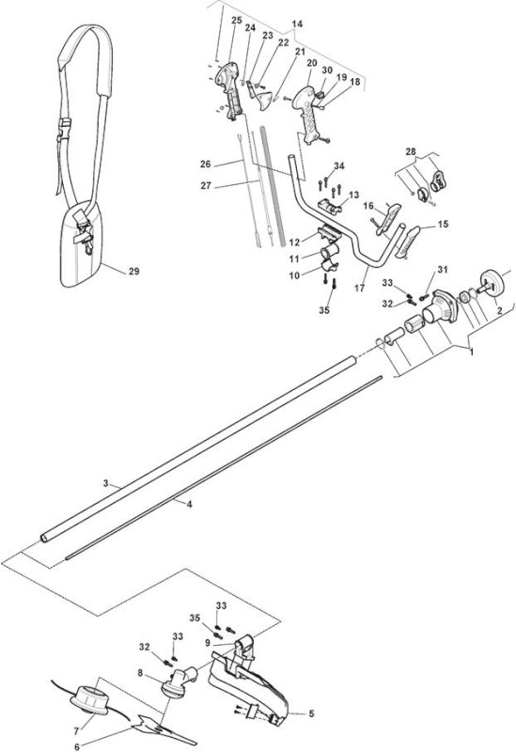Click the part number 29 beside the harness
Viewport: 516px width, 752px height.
[x=133, y=272]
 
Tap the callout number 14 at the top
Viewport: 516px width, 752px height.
[x=297, y=24]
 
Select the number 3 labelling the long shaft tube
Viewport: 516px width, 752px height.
[x=106, y=483]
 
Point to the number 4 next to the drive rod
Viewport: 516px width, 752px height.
[x=190, y=504]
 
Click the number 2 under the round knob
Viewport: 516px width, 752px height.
[x=499, y=311]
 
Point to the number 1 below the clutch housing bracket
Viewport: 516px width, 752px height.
[x=471, y=352]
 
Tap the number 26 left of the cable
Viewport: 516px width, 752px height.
[x=205, y=164]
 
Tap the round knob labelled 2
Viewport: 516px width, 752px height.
[x=491, y=284]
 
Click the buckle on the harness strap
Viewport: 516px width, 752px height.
[x=63, y=130]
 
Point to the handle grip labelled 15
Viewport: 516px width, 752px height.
[x=407, y=242]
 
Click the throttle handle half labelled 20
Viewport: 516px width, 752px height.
[x=307, y=113]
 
